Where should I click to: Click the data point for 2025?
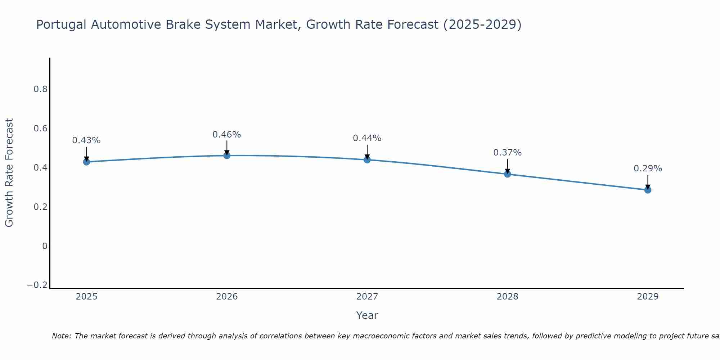pos(86,162)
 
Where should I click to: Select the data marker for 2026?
pos(227,156)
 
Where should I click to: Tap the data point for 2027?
pos(367,159)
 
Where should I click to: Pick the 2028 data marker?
pos(507,174)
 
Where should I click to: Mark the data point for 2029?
pos(648,190)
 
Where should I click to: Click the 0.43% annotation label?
pos(86,140)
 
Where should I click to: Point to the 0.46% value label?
pos(227,135)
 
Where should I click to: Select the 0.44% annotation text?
pos(367,138)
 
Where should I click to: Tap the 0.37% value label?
pos(507,153)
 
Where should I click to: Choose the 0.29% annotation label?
pos(648,168)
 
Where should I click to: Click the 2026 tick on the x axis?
pos(227,297)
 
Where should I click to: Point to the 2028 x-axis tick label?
pos(507,297)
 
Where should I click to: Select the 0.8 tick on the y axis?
pos(41,89)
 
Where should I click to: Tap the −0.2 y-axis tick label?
pos(37,285)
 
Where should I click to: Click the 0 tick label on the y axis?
pos(45,246)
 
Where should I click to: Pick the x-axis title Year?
pos(367,315)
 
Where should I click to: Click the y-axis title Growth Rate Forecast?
pos(9,172)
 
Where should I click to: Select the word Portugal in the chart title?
pos(61,25)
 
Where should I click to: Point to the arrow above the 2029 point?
pos(648,182)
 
